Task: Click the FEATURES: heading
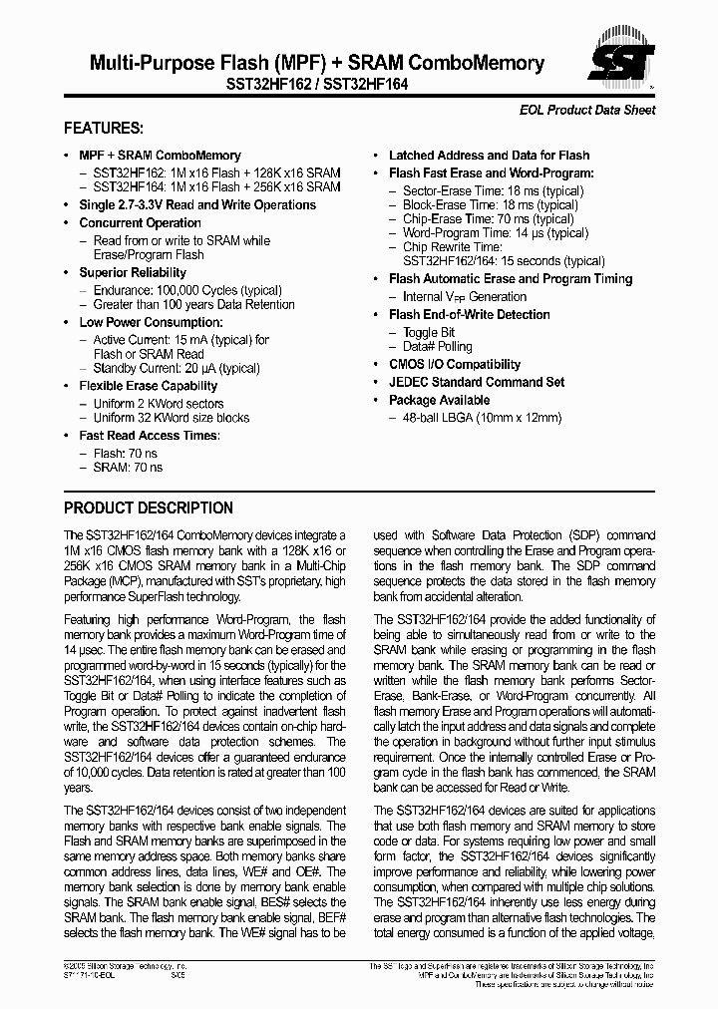point(104,129)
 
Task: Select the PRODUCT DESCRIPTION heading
point(149,507)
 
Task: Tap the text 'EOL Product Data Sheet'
point(588,110)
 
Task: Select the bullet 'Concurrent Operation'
point(140,223)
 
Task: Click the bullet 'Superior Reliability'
point(133,273)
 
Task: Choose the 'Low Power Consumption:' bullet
point(151,322)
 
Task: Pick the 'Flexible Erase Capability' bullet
point(148,386)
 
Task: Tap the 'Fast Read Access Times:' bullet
point(150,436)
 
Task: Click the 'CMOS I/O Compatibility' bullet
point(455,365)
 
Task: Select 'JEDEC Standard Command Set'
point(477,382)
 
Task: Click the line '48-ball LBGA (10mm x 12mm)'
point(482,418)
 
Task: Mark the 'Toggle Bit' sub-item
point(429,332)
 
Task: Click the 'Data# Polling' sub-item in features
point(438,347)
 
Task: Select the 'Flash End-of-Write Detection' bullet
point(469,315)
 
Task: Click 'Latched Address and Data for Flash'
point(489,156)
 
